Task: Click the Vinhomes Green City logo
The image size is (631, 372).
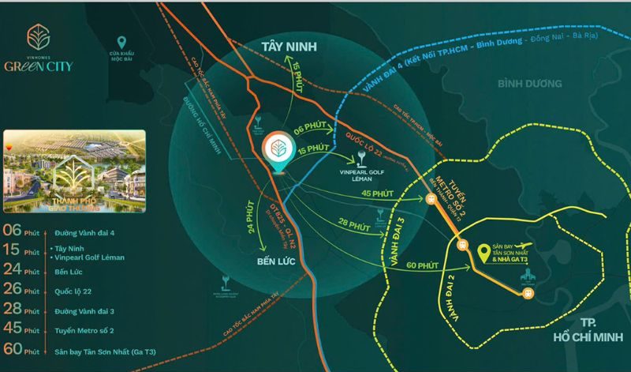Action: pyautogui.click(x=49, y=48)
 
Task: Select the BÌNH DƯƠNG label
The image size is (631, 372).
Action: pyautogui.click(x=529, y=83)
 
